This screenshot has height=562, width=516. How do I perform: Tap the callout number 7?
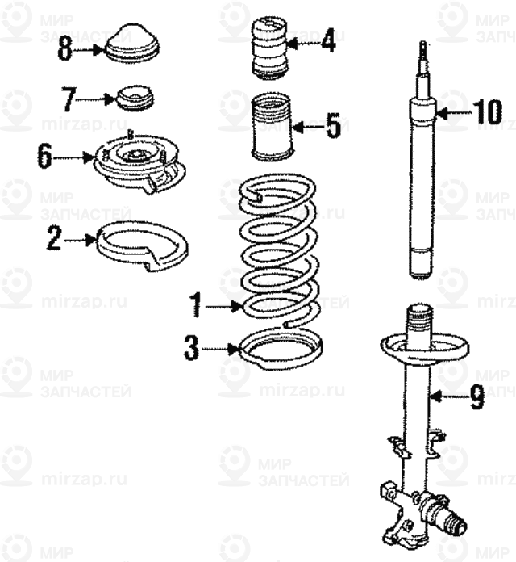click(x=68, y=100)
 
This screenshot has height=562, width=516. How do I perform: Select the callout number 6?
click(x=44, y=156)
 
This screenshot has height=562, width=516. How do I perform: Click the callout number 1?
click(x=194, y=305)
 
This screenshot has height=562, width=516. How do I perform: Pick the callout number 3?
click(x=191, y=350)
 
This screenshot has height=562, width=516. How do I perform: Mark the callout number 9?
click(x=476, y=396)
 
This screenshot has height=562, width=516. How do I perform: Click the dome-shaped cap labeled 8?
click(x=133, y=44)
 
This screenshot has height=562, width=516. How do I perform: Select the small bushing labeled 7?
click(x=134, y=99)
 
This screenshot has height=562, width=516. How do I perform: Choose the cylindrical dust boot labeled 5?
click(x=271, y=128)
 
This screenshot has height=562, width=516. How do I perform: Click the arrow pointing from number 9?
click(x=446, y=396)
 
